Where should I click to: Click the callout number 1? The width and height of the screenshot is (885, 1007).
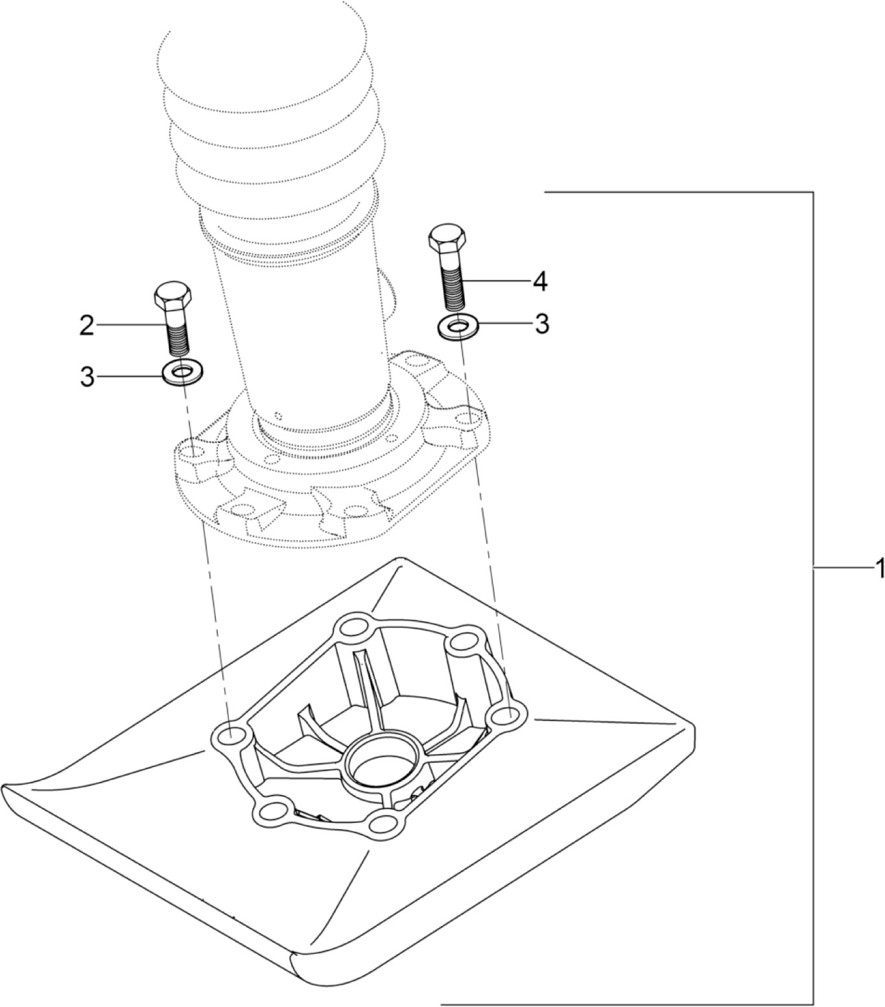click(x=878, y=569)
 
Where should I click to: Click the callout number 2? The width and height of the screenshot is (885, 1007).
click(x=86, y=325)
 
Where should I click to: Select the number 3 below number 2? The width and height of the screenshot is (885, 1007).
click(x=87, y=377)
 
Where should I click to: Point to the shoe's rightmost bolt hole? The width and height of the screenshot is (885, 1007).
click(x=510, y=716)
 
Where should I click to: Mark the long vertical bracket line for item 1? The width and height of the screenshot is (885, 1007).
click(x=812, y=584)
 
